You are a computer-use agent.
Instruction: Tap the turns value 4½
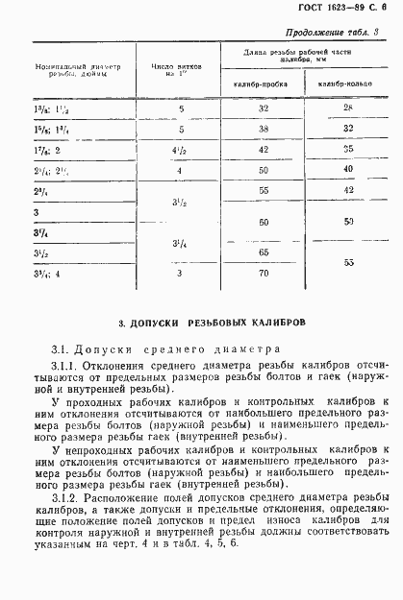[x=179, y=149]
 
